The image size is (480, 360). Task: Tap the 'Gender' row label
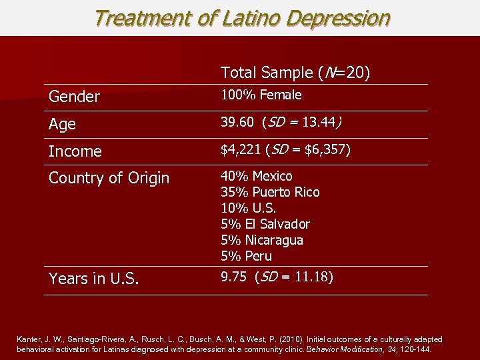pyautogui.click(x=74, y=97)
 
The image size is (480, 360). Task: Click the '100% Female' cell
pyautogui.click(x=261, y=95)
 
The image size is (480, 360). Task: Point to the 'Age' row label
pyautogui.click(x=62, y=125)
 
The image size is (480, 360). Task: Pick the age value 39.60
pyautogui.click(x=238, y=123)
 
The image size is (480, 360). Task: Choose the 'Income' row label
pyautogui.click(x=75, y=152)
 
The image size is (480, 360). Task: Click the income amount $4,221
pyautogui.click(x=241, y=150)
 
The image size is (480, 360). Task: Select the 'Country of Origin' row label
pyautogui.click(x=109, y=179)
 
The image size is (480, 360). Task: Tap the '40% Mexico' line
pyautogui.click(x=257, y=176)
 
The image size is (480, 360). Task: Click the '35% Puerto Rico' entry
pyautogui.click(x=270, y=192)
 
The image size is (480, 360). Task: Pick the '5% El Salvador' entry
pyautogui.click(x=265, y=224)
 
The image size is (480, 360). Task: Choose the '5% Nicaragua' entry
pyautogui.click(x=262, y=240)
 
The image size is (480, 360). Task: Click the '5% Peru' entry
pyautogui.click(x=247, y=256)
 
